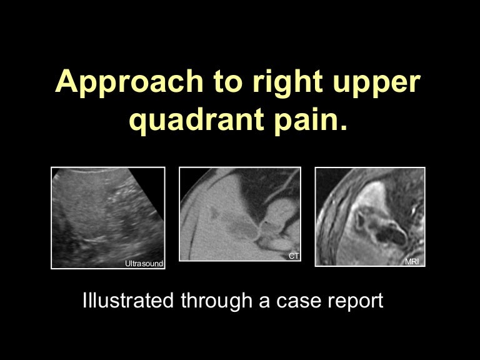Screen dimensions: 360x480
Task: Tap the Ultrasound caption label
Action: coord(144,264)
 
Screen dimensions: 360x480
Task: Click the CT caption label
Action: coord(293,256)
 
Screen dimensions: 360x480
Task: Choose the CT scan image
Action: coord(239,213)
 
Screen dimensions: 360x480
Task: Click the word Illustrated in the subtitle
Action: coord(128,301)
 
